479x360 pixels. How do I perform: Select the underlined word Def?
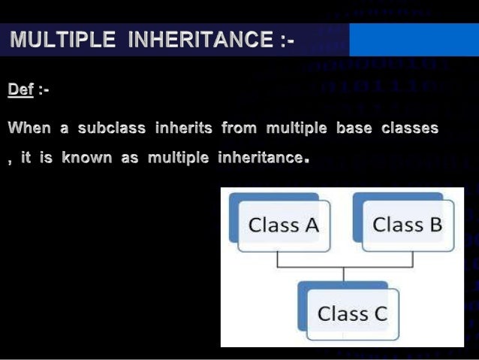(21, 90)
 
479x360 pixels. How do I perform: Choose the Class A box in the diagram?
(283, 224)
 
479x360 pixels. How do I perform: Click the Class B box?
(407, 224)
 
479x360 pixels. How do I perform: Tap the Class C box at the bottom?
(351, 313)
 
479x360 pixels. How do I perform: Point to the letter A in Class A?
(309, 224)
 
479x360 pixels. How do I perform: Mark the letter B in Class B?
(433, 224)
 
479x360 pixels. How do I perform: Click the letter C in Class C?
(380, 313)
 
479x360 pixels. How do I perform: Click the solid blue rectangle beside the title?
(414, 39)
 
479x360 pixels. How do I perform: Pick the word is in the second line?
(46, 159)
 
